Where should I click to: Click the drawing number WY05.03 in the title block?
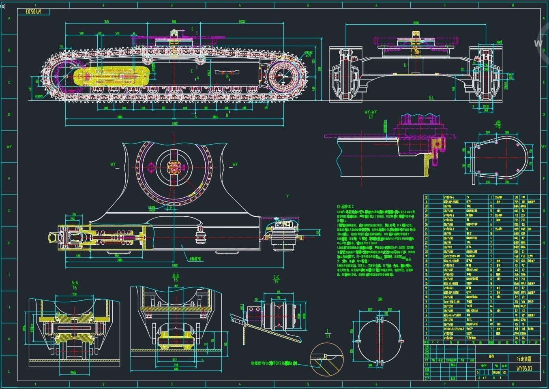click(524, 369)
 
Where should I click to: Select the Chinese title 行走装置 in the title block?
click(524, 359)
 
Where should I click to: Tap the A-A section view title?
click(75, 283)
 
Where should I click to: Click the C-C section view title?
click(276, 278)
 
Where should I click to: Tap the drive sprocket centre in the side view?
click(284, 77)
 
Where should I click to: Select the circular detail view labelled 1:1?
click(326, 358)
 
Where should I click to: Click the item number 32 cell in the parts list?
click(426, 197)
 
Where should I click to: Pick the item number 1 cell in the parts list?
click(426, 338)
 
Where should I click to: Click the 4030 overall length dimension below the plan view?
click(175, 265)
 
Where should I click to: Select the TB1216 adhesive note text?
click(274, 364)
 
